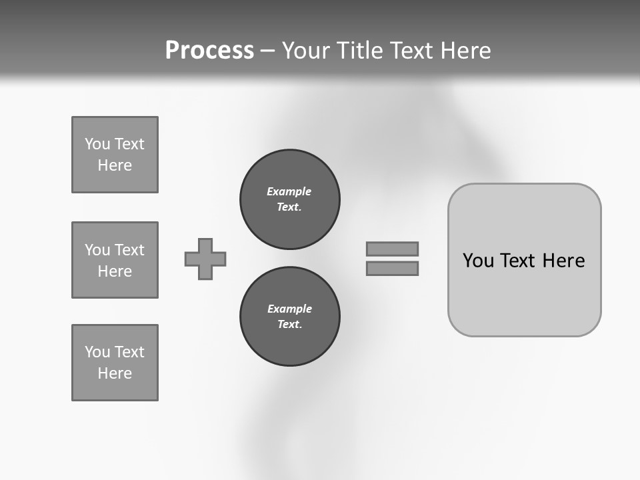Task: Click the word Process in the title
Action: (x=209, y=51)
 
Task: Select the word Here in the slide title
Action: (x=465, y=51)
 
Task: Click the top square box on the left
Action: (x=115, y=155)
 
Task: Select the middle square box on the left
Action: (x=115, y=260)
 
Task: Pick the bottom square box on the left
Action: (x=115, y=363)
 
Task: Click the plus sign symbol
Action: (x=205, y=259)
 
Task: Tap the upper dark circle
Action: (x=289, y=199)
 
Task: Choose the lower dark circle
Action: (x=289, y=317)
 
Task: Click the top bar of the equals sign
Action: (x=392, y=249)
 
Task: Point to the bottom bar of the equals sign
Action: (x=392, y=269)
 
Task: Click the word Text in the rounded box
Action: (x=519, y=261)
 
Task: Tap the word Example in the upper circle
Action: (x=289, y=191)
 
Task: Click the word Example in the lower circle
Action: (x=289, y=309)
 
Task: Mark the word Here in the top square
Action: (x=115, y=165)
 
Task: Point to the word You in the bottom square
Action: (x=97, y=352)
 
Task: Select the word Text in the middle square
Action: (x=129, y=250)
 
